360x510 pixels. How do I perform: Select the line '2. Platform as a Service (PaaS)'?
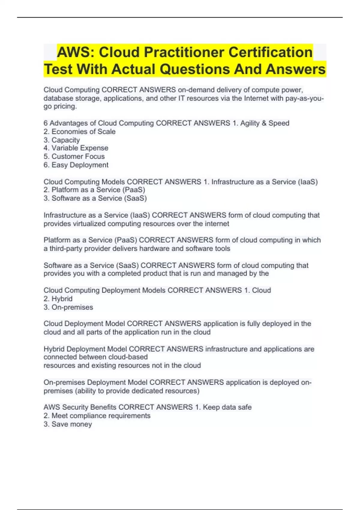(94, 190)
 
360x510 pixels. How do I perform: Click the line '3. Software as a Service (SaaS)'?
(95, 198)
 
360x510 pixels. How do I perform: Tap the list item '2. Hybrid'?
(58, 298)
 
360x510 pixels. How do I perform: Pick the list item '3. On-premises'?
(68, 307)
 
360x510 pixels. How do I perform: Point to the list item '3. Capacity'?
(61, 140)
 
